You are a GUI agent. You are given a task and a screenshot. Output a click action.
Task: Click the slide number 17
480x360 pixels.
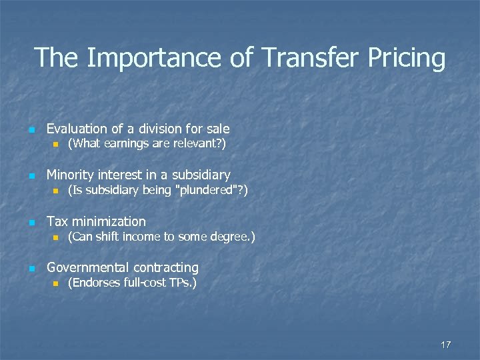[x=445, y=344]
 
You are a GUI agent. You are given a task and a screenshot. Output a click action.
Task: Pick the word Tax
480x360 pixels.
[x=57, y=221]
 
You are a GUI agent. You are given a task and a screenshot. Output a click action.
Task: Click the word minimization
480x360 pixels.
[x=109, y=221]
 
